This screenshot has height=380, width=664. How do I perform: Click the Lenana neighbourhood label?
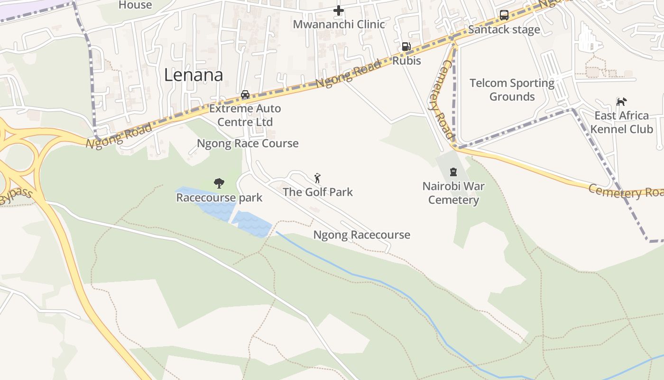(x=194, y=75)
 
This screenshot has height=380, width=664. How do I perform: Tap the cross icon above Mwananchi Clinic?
(x=338, y=10)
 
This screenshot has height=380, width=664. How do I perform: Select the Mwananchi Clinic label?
(x=339, y=24)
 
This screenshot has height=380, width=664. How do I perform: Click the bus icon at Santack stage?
(x=504, y=15)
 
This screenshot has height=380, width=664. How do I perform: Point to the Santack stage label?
(x=504, y=30)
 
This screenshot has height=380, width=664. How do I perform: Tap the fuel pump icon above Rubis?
(x=406, y=47)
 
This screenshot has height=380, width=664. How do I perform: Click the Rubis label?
(x=406, y=61)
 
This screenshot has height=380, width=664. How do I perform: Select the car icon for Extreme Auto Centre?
(x=245, y=94)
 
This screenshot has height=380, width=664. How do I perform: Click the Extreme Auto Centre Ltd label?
(x=245, y=115)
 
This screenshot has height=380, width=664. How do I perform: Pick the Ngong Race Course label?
(x=248, y=143)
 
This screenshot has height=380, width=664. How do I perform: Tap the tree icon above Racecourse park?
(x=219, y=183)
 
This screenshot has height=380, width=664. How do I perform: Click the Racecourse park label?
(x=219, y=198)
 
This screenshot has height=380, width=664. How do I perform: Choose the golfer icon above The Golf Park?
(x=318, y=178)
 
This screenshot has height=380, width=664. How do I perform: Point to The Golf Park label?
(x=318, y=192)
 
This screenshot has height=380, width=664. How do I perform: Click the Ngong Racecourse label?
(x=361, y=235)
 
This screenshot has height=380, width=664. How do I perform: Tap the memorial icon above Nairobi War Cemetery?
(x=453, y=171)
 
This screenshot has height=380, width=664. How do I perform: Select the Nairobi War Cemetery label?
(x=453, y=193)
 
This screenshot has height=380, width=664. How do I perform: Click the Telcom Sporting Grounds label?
(x=512, y=90)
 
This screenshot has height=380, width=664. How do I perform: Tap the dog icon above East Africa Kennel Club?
(x=621, y=102)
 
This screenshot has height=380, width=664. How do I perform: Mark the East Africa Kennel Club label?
(x=621, y=122)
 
